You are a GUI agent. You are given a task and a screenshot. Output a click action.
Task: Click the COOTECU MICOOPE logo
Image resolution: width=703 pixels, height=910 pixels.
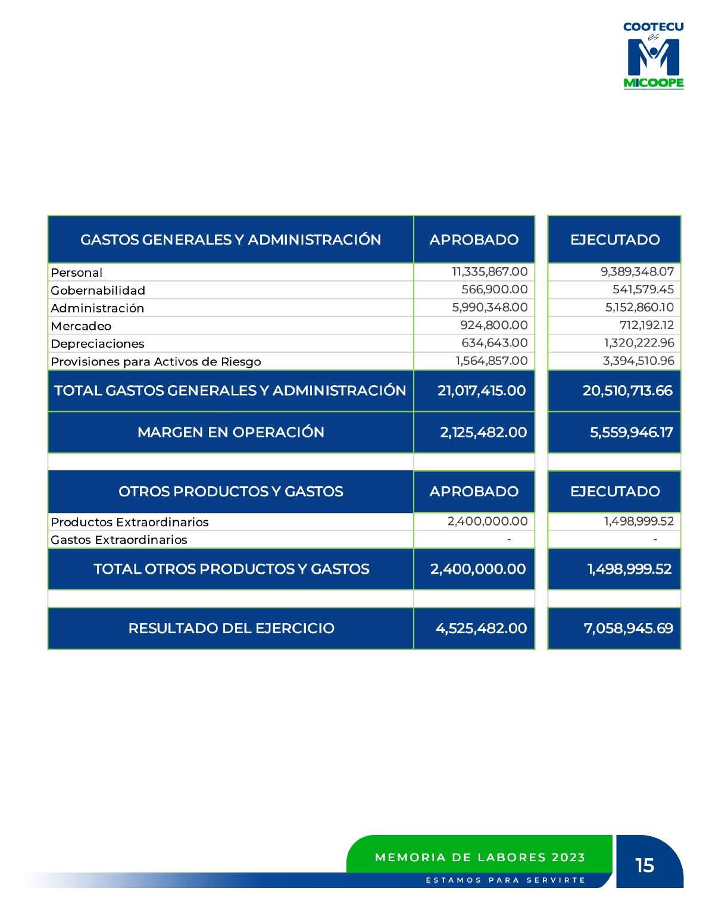(653, 55)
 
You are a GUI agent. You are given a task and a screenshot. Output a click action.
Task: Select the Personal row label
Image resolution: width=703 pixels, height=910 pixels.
(77, 273)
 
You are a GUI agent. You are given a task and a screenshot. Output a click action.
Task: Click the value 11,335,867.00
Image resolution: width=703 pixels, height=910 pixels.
(489, 272)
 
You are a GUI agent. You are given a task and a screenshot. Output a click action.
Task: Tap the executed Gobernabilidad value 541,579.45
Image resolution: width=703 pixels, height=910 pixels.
(643, 290)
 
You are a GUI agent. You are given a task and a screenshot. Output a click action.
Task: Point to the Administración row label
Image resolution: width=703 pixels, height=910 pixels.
(98, 308)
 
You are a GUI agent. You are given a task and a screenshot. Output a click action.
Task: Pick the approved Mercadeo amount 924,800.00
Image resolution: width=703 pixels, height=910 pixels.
(493, 326)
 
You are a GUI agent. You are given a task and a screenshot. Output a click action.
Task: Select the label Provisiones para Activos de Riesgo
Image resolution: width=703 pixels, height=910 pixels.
(156, 362)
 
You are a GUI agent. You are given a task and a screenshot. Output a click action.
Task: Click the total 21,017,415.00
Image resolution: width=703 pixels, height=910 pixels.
(481, 391)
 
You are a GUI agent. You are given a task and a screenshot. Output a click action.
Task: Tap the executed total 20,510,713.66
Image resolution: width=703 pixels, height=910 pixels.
(627, 391)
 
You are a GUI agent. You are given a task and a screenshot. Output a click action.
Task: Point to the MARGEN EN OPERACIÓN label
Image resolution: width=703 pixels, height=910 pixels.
(230, 433)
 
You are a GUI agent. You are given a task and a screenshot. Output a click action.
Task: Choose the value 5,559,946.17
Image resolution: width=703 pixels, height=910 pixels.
(631, 433)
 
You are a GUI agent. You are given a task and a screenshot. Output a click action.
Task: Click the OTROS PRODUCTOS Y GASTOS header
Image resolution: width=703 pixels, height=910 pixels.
(230, 492)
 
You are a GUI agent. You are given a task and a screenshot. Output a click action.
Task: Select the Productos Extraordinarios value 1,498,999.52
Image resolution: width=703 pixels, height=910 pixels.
(639, 521)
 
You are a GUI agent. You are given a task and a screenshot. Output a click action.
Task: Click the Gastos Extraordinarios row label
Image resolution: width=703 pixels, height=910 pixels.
(119, 540)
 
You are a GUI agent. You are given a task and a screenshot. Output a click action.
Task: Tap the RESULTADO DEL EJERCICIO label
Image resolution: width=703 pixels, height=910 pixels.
(231, 628)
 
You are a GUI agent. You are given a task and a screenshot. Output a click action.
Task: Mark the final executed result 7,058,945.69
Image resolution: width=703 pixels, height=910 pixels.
(628, 628)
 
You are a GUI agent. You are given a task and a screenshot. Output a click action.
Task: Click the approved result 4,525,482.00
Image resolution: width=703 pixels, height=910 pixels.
(481, 628)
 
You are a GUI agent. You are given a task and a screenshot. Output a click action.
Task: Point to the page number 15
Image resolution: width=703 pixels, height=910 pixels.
(645, 865)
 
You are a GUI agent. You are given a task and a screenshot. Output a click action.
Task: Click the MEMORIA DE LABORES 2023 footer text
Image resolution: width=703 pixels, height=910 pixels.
(480, 858)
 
